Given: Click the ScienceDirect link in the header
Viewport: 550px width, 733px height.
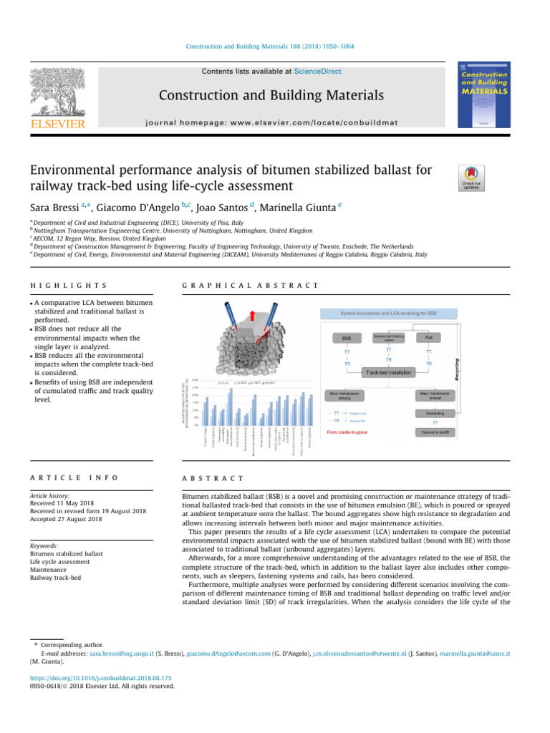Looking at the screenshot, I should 321,72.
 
